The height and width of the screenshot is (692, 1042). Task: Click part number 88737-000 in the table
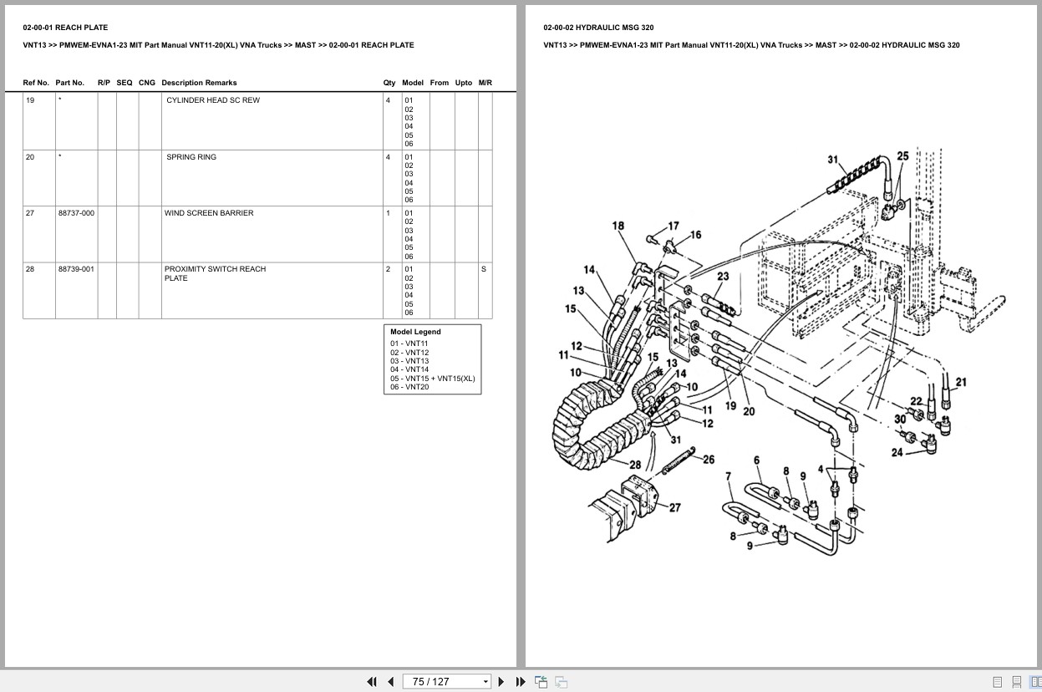pyautogui.click(x=76, y=213)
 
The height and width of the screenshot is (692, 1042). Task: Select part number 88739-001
pyautogui.click(x=76, y=269)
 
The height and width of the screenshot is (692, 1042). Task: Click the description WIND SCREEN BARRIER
pyautogui.click(x=209, y=213)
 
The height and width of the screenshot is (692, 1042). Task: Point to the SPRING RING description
pyautogui.click(x=191, y=157)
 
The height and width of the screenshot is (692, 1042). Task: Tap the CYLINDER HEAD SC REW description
pyautogui.click(x=213, y=100)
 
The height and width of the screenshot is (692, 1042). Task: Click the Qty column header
pyautogui.click(x=389, y=83)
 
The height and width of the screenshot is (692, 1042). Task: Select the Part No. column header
pyautogui.click(x=70, y=83)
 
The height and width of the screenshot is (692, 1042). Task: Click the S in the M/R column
pyautogui.click(x=484, y=269)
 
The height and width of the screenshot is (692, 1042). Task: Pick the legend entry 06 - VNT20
pyautogui.click(x=409, y=387)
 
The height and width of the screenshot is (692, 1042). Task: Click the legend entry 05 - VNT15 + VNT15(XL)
pyautogui.click(x=433, y=379)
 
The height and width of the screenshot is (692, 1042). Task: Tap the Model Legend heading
pyautogui.click(x=415, y=332)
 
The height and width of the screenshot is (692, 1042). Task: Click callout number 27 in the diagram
pyautogui.click(x=675, y=507)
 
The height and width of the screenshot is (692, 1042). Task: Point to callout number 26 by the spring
pyautogui.click(x=709, y=460)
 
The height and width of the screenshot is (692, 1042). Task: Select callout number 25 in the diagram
pyautogui.click(x=903, y=156)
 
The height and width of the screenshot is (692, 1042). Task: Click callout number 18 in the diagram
pyautogui.click(x=618, y=226)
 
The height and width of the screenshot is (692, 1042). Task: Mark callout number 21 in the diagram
pyautogui.click(x=962, y=382)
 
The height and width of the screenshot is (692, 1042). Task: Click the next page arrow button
pyautogui.click(x=501, y=682)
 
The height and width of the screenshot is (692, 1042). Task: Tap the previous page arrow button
pyautogui.click(x=391, y=682)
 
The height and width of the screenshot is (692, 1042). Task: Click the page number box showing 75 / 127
pyautogui.click(x=446, y=682)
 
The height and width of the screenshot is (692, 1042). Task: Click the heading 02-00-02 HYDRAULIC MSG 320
pyautogui.click(x=598, y=28)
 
